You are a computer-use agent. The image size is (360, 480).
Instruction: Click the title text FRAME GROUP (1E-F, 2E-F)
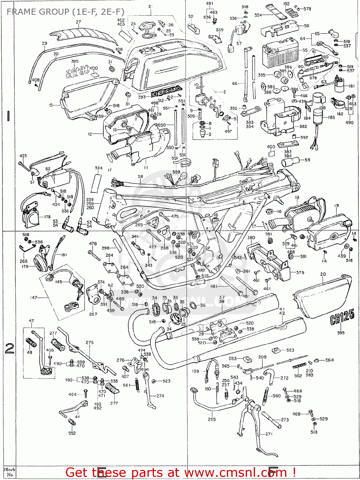pyautogui.click(x=65, y=12)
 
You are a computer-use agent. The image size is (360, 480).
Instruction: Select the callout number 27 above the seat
pyautogui.click(x=78, y=22)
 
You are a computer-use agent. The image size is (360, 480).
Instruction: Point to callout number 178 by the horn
pyautogui.click(x=47, y=217)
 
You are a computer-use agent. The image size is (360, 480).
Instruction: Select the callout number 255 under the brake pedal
pyautogui.click(x=212, y=419)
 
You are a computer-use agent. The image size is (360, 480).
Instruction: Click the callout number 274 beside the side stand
pyautogui.click(x=160, y=396)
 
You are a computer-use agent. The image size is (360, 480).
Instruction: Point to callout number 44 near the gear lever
pyautogui.click(x=77, y=417)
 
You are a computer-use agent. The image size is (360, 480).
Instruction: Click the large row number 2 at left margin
pyautogui.click(x=9, y=348)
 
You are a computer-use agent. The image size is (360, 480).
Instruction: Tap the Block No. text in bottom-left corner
pyautogui.click(x=10, y=472)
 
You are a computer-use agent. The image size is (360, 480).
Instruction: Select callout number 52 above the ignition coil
pyautogui.click(x=48, y=169)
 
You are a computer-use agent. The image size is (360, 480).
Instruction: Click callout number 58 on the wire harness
pyautogui.click(x=140, y=176)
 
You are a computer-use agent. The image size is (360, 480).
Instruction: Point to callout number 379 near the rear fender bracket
pyautogui.click(x=300, y=273)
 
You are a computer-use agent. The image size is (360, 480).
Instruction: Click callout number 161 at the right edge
pyautogui.click(x=351, y=86)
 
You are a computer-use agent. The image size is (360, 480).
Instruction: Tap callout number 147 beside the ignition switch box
pyautogui.click(x=34, y=298)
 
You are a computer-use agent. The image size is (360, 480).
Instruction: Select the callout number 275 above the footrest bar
pyautogui.click(x=90, y=342)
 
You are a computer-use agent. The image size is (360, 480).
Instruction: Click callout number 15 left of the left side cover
pyautogui.click(x=51, y=105)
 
